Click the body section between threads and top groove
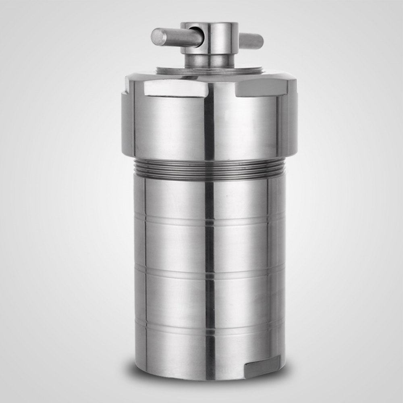click(x=177, y=197)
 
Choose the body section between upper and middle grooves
click(x=177, y=244)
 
